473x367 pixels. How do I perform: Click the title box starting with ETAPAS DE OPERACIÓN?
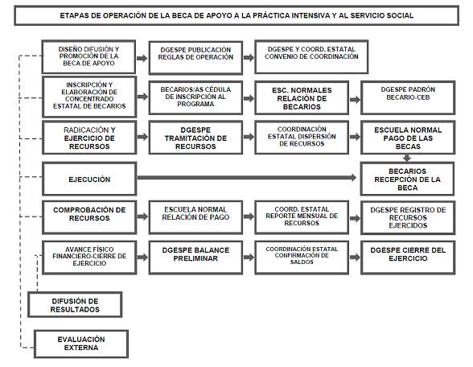click(x=236, y=15)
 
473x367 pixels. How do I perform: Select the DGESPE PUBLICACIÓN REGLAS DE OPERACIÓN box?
click(x=195, y=57)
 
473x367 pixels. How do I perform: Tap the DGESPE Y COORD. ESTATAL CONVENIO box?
click(x=311, y=56)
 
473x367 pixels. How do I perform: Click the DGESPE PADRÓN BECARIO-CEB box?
click(x=408, y=97)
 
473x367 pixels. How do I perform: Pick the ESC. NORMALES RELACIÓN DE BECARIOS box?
click(x=302, y=97)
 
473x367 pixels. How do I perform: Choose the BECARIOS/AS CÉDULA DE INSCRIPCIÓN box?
click(x=195, y=97)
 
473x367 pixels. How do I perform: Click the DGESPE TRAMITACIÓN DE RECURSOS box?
click(x=195, y=138)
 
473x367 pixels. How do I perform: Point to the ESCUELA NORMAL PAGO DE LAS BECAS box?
click(x=408, y=138)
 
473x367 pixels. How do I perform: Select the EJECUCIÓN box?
click(x=89, y=179)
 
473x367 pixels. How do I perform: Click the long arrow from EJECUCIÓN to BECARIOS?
click(x=247, y=177)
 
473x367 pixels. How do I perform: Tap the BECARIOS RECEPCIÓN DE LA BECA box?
click(x=407, y=179)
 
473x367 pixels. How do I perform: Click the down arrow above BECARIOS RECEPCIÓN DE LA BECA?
click(x=407, y=158)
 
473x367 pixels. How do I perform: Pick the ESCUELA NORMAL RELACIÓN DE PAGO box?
click(x=195, y=217)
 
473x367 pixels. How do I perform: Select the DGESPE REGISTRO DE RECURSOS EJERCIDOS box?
click(x=408, y=217)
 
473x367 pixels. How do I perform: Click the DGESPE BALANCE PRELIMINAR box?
click(x=195, y=258)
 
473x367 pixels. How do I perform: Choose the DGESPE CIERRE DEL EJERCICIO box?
click(x=408, y=258)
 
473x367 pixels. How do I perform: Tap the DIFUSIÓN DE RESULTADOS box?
click(x=75, y=304)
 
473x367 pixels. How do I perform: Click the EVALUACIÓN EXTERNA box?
click(x=81, y=344)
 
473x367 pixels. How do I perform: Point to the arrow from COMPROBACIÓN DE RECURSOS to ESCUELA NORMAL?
click(x=142, y=216)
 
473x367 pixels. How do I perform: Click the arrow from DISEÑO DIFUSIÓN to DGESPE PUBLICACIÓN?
click(x=142, y=58)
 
